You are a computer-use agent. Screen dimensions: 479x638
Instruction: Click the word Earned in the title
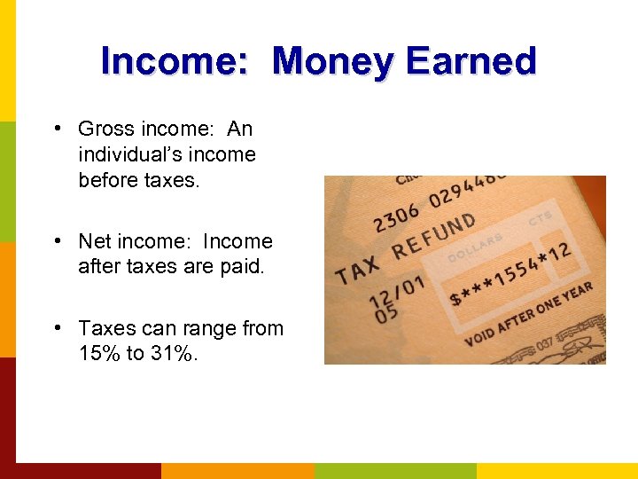471,61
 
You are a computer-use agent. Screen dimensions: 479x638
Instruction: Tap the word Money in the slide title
333,61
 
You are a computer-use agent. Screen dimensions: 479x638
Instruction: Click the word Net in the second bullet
93,241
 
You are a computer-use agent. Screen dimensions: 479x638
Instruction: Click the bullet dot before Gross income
56,129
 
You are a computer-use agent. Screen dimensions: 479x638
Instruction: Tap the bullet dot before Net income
56,240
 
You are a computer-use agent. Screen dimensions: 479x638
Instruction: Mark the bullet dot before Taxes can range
56,327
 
